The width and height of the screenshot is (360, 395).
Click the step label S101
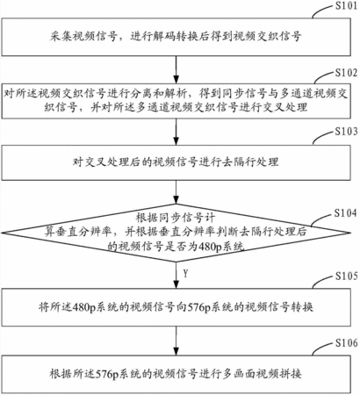346,6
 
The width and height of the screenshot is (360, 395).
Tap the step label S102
346,73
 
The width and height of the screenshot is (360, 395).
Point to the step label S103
346,132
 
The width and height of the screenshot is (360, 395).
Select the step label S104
346,213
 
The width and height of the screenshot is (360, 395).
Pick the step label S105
346,276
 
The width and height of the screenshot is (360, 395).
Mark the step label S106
346,342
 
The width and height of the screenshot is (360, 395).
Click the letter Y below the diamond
185,274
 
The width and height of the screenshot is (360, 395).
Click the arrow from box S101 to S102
176,69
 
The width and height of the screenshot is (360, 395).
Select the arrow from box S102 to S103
176,132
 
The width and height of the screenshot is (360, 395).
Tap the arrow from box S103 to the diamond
176,192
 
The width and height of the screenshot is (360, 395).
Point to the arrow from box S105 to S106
176,341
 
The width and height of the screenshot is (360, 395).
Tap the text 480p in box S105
84,307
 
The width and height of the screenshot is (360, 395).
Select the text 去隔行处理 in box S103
250,162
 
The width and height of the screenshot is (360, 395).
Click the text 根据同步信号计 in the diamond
176,218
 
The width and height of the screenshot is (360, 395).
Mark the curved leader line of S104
322,219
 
